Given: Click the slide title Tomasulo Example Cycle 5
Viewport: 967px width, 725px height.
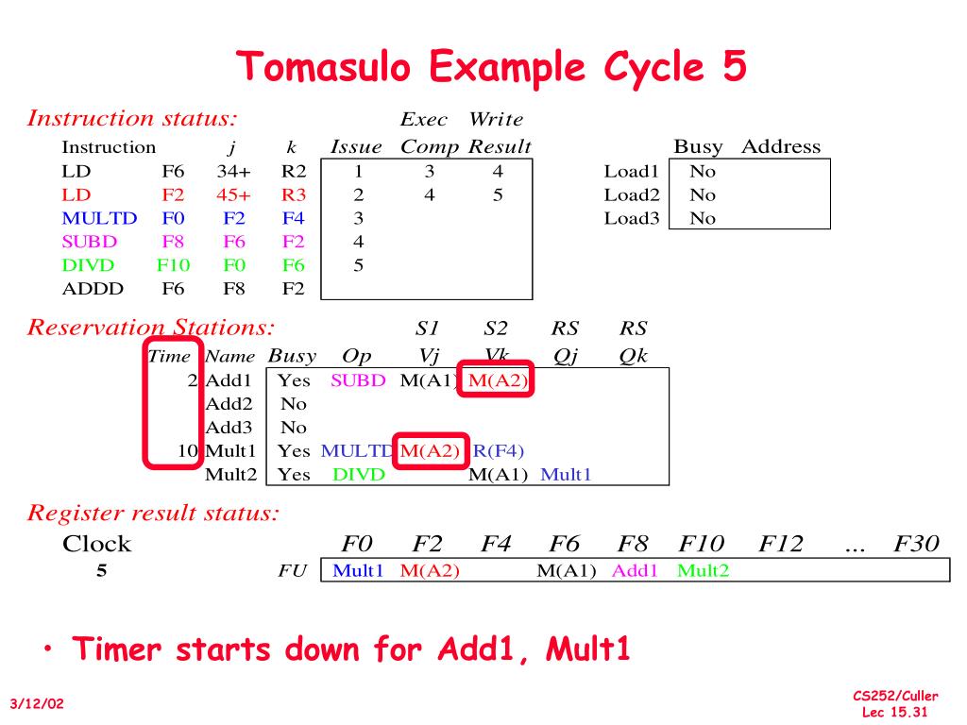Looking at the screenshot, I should (491, 67).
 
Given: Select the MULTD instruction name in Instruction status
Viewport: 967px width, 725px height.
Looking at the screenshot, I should (99, 219).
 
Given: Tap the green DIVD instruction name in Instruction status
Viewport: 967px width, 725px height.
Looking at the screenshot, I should (88, 265).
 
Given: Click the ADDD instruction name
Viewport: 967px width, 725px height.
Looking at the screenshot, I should (92, 289).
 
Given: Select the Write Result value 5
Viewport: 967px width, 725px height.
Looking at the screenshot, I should (498, 195).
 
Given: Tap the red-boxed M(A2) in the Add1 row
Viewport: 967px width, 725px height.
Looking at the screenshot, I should (497, 381).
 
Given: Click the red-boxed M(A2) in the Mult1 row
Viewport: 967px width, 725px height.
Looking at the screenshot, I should (429, 450).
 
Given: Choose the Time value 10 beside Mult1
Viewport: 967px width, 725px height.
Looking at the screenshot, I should (187, 450).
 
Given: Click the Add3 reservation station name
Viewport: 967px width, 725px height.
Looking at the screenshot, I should (229, 427).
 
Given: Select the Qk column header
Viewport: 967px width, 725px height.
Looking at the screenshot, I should (634, 356).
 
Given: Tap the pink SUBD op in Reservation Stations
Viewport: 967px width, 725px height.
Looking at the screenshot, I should (358, 381).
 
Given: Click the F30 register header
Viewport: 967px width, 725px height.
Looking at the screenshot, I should (916, 544).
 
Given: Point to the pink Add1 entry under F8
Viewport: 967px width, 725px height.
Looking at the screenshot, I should (635, 570).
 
